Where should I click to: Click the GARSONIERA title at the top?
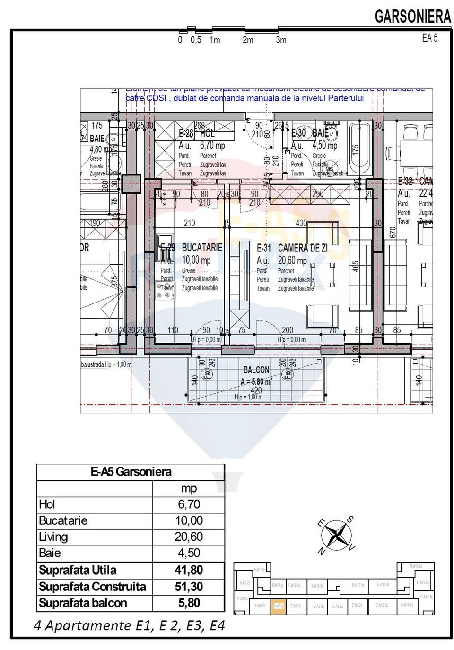[413, 17]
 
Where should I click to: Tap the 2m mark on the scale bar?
[248, 40]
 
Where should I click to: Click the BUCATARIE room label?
[202, 247]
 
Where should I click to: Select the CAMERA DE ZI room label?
[302, 248]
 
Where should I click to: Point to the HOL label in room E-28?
[208, 134]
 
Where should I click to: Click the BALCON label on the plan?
[256, 370]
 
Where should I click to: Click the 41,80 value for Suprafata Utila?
[189, 570]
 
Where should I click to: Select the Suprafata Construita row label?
[92, 587]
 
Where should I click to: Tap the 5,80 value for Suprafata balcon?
[189, 603]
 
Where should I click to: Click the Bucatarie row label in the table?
[63, 520]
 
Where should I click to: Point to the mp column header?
[189, 488]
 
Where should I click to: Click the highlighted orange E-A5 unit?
[278, 606]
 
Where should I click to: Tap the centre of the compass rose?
[336, 535]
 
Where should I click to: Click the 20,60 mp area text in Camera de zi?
[292, 260]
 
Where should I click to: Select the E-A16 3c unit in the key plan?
[358, 585]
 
